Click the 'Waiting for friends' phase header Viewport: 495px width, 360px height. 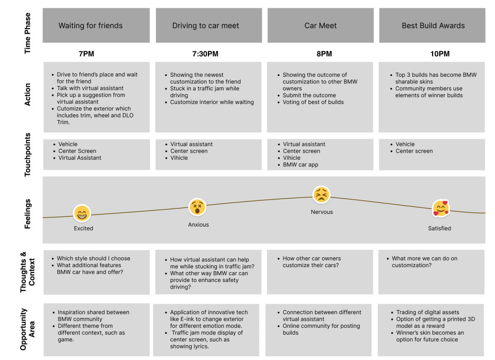click(96, 26)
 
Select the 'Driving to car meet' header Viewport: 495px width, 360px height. click(209, 26)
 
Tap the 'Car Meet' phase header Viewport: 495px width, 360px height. click(321, 26)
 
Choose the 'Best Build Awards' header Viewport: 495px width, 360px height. click(432, 26)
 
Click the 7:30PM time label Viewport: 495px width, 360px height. click(205, 54)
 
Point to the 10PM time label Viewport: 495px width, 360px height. click(440, 54)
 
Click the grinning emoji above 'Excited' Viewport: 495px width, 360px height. click(82, 213)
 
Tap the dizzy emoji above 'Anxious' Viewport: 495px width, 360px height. click(197, 207)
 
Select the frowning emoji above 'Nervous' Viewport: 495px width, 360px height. click(321, 195)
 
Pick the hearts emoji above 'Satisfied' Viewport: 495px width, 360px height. click(441, 208)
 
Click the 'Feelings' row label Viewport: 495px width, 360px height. click(27, 214)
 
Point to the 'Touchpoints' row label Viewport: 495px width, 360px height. click(27, 154)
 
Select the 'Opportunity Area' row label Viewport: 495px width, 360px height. click(27, 329)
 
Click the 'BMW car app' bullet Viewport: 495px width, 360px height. click(301, 165)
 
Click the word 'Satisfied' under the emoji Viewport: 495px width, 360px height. click(439, 228)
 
